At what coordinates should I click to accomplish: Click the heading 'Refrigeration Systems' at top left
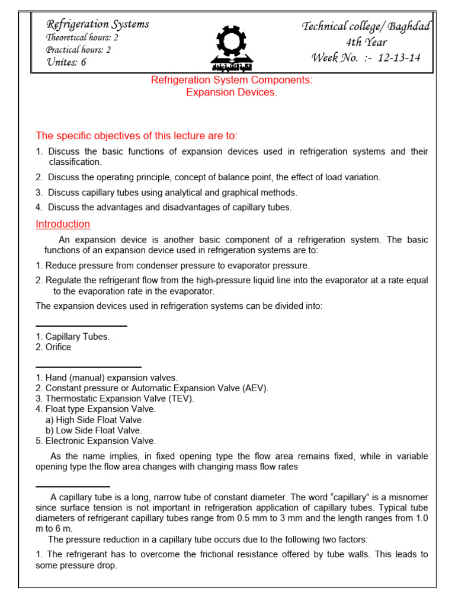pos(98,24)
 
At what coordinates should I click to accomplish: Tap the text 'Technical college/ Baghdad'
pos(367,26)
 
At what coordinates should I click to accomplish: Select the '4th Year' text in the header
pos(367,42)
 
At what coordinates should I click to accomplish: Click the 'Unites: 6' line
pos(66,62)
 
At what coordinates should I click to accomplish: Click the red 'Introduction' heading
pos(63,224)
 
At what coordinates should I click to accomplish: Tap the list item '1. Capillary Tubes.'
pos(73,337)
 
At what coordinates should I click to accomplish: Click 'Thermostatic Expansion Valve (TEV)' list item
pos(115,398)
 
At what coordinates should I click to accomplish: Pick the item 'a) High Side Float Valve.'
pos(95,420)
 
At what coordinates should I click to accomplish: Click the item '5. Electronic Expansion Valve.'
pos(96,441)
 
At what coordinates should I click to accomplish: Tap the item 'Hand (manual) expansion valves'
pos(107,378)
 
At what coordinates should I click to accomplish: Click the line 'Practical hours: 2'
pos(79,50)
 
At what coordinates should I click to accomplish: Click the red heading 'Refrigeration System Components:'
pos(232,80)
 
